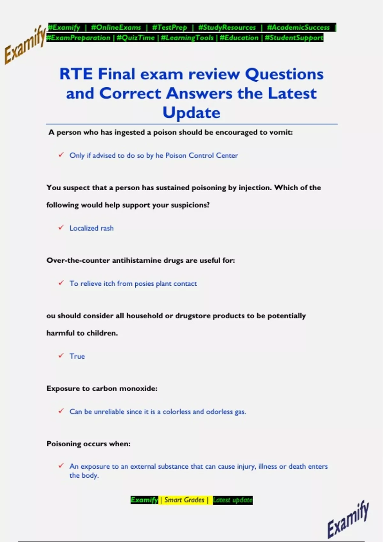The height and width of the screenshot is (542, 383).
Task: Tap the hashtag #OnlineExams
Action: tap(116, 27)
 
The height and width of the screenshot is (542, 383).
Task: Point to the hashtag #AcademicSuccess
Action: tap(298, 27)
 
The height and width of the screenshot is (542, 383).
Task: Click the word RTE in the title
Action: tap(76, 74)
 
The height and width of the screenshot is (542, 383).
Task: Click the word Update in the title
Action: tap(191, 113)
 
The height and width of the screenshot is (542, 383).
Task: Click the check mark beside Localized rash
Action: tap(61, 228)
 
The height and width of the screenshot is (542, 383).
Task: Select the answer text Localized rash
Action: tap(92, 228)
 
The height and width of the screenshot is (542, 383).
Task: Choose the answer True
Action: tap(77, 356)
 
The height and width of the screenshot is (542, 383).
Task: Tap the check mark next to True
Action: tap(61, 355)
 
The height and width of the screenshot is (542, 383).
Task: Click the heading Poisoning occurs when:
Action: tap(88, 444)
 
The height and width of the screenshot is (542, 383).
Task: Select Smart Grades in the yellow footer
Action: tap(184, 500)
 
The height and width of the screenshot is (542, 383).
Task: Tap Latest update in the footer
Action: tap(233, 500)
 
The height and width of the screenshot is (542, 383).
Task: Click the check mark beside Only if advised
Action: tap(61, 155)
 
